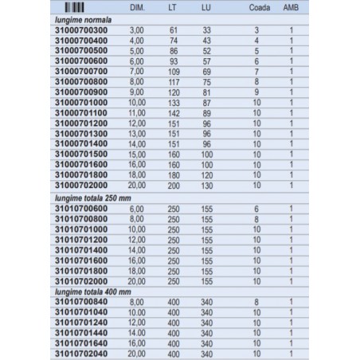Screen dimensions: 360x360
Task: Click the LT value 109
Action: [174, 71]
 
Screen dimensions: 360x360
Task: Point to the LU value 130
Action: [206, 185]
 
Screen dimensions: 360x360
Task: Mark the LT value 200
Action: [174, 185]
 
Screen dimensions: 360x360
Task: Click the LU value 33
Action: [206, 29]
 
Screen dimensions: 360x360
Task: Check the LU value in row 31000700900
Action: [206, 92]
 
